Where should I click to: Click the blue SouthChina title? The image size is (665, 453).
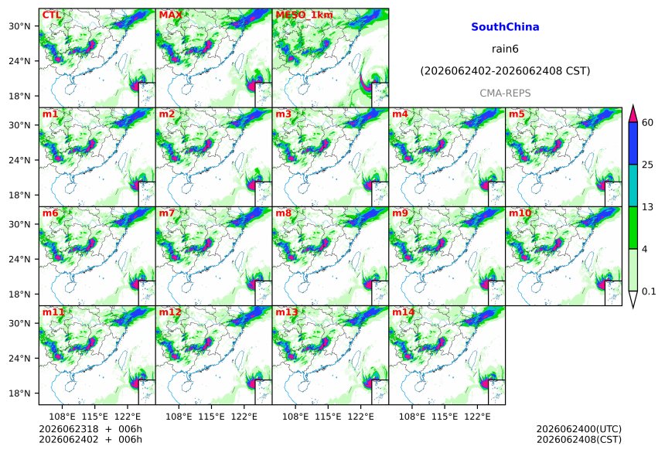[505, 27]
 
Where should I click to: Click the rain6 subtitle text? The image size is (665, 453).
[505, 49]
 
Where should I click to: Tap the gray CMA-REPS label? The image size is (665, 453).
[505, 94]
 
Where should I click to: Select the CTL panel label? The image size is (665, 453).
[51, 15]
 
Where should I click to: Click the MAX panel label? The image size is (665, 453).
[170, 15]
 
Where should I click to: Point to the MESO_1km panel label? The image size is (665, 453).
[304, 15]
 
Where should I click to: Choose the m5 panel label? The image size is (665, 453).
[517, 114]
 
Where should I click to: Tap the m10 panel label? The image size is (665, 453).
[520, 213]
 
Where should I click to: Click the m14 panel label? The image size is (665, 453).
[403, 312]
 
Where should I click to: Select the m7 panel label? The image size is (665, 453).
[167, 213]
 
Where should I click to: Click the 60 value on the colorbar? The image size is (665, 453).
[648, 123]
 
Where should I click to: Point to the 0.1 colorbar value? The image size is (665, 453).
[649, 291]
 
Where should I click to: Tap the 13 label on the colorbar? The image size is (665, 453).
[648, 207]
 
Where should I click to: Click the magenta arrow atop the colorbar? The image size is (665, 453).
[633, 114]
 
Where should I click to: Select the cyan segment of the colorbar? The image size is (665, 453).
[633, 186]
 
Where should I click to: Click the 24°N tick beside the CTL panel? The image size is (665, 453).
[19, 61]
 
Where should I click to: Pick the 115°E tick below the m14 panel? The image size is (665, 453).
[445, 417]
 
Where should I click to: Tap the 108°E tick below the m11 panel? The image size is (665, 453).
[63, 417]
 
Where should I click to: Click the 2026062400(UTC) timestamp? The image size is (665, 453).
[579, 429]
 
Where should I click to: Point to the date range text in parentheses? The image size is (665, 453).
[505, 71]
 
